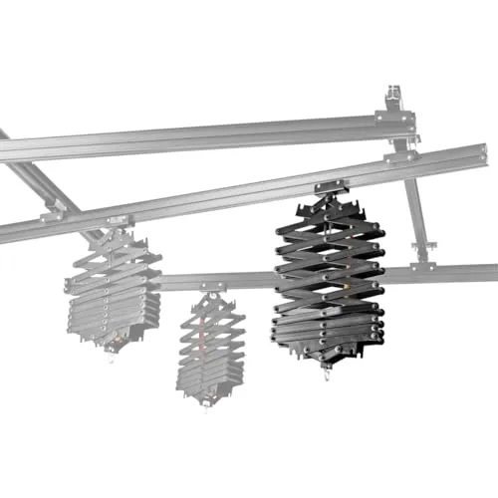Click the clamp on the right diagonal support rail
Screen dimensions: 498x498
pyautogui.click(x=425, y=244)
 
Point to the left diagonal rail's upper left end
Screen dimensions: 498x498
pyautogui.click(x=5, y=134)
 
